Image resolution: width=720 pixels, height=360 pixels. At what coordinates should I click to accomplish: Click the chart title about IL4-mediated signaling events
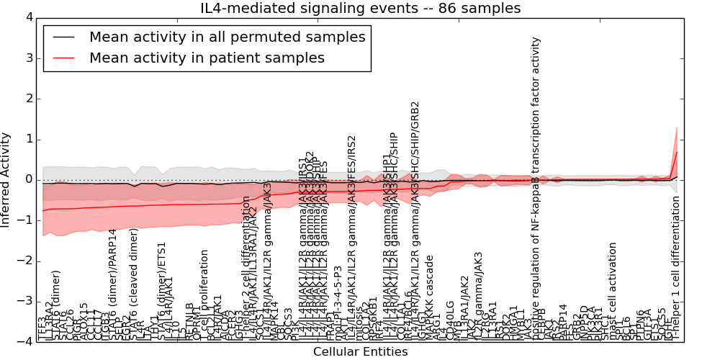[x=360, y=9]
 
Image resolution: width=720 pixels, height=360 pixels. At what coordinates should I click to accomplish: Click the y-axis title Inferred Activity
[x=6, y=179]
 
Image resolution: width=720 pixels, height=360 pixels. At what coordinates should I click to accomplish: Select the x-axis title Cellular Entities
[x=360, y=352]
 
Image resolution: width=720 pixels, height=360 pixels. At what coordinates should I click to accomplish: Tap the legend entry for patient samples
[x=207, y=58]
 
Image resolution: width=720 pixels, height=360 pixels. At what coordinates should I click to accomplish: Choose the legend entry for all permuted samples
[x=227, y=37]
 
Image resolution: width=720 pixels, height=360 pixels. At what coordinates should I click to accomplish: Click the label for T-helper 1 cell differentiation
[x=676, y=268]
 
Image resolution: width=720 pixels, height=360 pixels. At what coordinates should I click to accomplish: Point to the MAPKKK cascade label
[x=430, y=297]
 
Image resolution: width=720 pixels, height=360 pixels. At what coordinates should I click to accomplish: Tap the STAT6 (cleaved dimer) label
[x=134, y=284]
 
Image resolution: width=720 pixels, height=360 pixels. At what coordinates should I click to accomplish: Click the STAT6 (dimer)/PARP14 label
[x=112, y=284]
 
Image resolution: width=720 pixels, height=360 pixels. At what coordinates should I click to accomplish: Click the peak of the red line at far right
[x=677, y=152]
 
